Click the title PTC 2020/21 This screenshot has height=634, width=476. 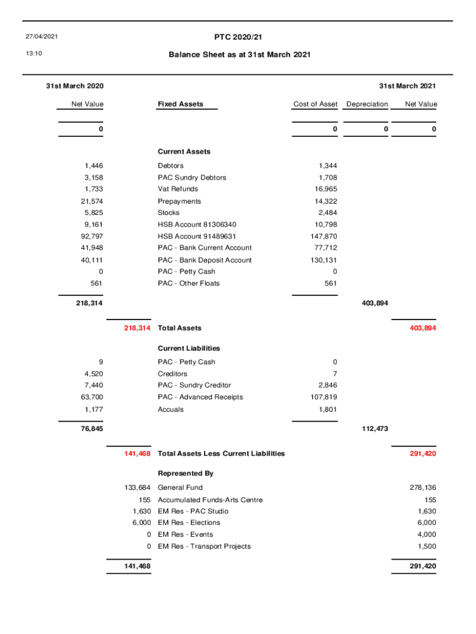[x=237, y=37]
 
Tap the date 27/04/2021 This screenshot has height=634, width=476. [x=41, y=37]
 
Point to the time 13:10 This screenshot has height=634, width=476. [x=33, y=54]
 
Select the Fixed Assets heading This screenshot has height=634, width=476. [x=180, y=104]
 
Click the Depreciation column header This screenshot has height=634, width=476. [x=367, y=104]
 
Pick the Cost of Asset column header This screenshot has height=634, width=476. [x=315, y=104]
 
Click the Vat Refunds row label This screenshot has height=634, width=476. [x=178, y=189]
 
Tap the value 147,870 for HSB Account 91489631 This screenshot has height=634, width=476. [x=323, y=237]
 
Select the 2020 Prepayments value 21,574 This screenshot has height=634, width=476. [x=91, y=201]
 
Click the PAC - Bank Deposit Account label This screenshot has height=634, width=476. [x=205, y=260]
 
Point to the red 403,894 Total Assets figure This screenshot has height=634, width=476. [x=423, y=328]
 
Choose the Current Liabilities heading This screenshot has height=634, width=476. [x=189, y=349]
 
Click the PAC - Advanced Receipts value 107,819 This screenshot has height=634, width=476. [x=323, y=397]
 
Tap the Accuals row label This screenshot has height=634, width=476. [x=171, y=409]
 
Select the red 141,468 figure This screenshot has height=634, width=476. [x=137, y=454]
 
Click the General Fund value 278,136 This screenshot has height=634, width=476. [x=423, y=487]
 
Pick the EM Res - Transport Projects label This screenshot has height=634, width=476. [x=204, y=546]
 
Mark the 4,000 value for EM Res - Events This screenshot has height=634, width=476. [x=427, y=534]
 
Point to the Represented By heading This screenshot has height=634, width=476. [x=185, y=473]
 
